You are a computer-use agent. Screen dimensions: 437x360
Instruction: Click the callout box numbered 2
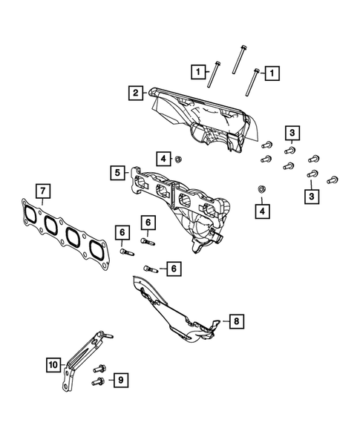click(x=136, y=93)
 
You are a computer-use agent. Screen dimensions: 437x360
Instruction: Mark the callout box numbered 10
click(x=52, y=364)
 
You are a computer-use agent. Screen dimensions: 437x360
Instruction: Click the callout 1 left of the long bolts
click(x=197, y=72)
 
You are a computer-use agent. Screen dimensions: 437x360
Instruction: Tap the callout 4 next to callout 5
click(x=162, y=158)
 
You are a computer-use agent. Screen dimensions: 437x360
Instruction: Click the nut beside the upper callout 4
click(x=179, y=158)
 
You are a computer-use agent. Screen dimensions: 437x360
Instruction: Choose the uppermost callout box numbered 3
click(x=293, y=134)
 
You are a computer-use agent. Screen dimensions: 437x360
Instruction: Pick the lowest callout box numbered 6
click(x=173, y=268)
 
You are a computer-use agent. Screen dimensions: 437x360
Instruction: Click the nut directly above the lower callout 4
click(x=261, y=190)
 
